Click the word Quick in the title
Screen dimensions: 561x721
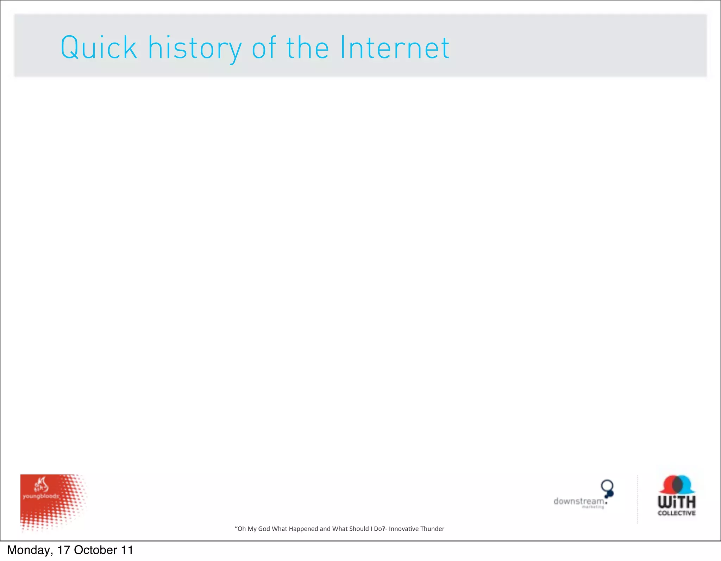pos(99,48)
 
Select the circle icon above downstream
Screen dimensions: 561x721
pos(607,486)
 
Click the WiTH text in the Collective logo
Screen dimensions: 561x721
pos(677,502)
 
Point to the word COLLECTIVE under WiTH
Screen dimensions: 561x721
pos(677,513)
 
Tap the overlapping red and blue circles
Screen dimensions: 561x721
pos(677,485)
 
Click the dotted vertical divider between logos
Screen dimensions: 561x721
pos(638,499)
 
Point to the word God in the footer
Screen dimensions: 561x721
pos(264,529)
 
